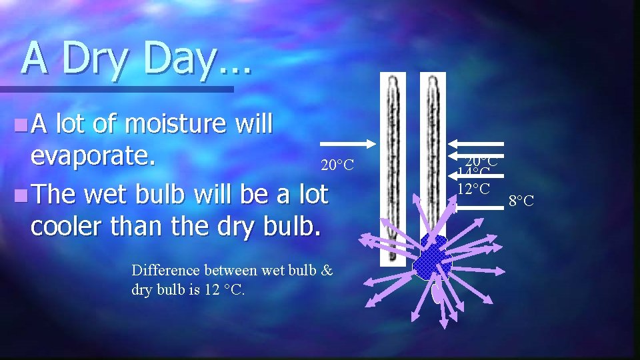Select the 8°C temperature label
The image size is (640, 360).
[521, 201]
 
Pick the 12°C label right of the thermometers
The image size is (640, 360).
[474, 189]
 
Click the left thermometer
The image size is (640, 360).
[393, 167]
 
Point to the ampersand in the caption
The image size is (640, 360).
[327, 270]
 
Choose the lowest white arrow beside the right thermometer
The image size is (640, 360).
[477, 207]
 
